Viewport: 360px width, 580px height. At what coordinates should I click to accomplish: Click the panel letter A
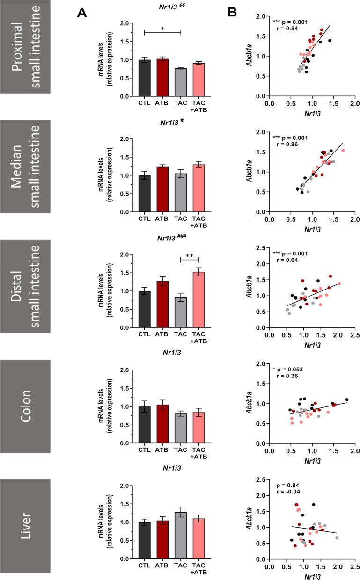[x=83, y=14]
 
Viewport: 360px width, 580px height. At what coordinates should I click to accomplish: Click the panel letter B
[x=233, y=14]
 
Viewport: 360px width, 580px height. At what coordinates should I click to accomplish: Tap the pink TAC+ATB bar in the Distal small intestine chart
[x=198, y=299]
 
